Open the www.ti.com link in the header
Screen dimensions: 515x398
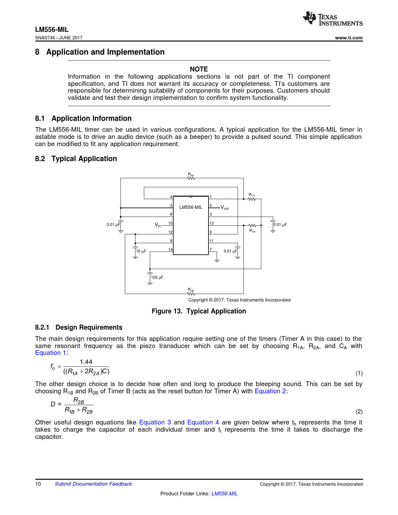[349, 38]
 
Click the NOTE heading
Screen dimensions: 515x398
[199, 69]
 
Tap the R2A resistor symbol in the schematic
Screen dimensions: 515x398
[191, 178]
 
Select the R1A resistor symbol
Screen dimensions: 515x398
[252, 199]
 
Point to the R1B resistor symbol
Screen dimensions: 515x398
[252, 225]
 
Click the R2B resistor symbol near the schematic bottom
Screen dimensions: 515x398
[191, 294]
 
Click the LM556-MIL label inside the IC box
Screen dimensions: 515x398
[191, 207]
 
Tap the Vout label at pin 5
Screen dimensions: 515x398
[225, 208]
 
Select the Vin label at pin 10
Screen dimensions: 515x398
[158, 225]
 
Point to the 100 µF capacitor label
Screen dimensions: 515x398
[157, 277]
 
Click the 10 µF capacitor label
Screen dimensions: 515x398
[141, 251]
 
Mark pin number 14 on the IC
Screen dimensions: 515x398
[170, 250]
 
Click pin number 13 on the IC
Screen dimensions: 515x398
[211, 223]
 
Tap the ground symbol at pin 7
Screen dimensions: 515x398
[217, 260]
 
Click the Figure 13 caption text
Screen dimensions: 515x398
[199, 311]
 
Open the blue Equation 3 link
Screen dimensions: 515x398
[155, 422]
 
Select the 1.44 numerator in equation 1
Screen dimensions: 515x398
[86, 362]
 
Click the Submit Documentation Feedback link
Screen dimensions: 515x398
[93, 484]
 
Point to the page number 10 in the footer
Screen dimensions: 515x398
[38, 484]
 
